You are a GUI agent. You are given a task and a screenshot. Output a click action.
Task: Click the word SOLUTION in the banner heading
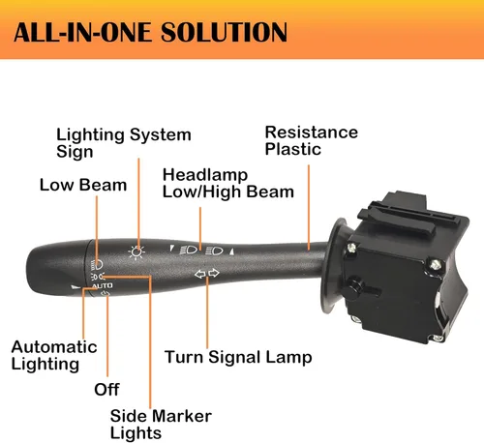pos(224,32)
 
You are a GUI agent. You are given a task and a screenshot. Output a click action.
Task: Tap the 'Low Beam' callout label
pos(83,185)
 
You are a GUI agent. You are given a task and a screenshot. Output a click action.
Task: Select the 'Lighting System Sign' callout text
pos(124,143)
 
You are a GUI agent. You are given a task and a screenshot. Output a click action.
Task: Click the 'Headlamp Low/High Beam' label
pos(228,183)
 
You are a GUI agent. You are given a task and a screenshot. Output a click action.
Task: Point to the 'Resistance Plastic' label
pos(312,140)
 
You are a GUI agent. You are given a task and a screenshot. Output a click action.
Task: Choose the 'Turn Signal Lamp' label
pos(238,357)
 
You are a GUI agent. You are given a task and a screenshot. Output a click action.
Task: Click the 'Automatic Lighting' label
pos(54,356)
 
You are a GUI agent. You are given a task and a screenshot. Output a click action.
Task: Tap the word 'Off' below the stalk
pos(106,390)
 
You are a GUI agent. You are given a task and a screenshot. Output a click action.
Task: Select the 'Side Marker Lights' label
pos(161,425)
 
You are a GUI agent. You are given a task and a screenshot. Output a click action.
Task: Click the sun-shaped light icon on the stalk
pos(136,252)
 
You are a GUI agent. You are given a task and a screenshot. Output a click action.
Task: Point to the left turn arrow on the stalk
pos(200,274)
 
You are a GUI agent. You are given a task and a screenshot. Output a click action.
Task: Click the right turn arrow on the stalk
pos(214,273)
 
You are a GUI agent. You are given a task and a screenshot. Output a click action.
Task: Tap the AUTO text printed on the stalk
pos(103,285)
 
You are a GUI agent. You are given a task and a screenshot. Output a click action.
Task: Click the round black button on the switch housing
pos(353,287)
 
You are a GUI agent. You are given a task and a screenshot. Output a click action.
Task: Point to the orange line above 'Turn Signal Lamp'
pos(207,312)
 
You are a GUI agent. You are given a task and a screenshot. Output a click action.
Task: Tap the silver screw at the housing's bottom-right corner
pos(438,339)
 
